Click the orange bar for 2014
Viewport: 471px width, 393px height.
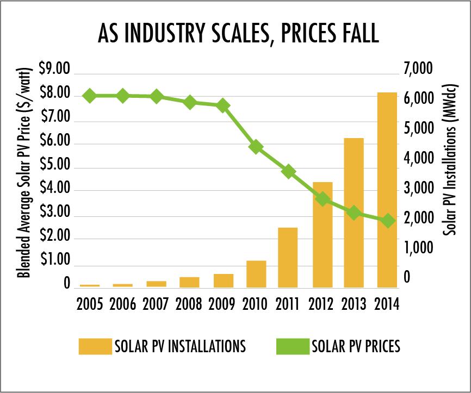tap(388, 190)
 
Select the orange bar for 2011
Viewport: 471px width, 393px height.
tap(288, 257)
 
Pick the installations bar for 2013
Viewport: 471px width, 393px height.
tap(354, 213)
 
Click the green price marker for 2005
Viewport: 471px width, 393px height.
tap(90, 96)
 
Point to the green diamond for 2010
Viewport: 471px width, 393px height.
tap(256, 146)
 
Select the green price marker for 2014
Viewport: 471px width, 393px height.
tap(388, 221)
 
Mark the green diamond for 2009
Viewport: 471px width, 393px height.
tap(223, 105)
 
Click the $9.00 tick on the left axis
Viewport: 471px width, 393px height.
tap(55, 69)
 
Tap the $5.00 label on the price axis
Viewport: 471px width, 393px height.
tap(55, 165)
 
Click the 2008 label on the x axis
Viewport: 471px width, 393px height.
tap(189, 303)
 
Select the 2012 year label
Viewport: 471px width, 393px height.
tap(321, 303)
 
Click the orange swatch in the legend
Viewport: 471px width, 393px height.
tap(94, 346)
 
